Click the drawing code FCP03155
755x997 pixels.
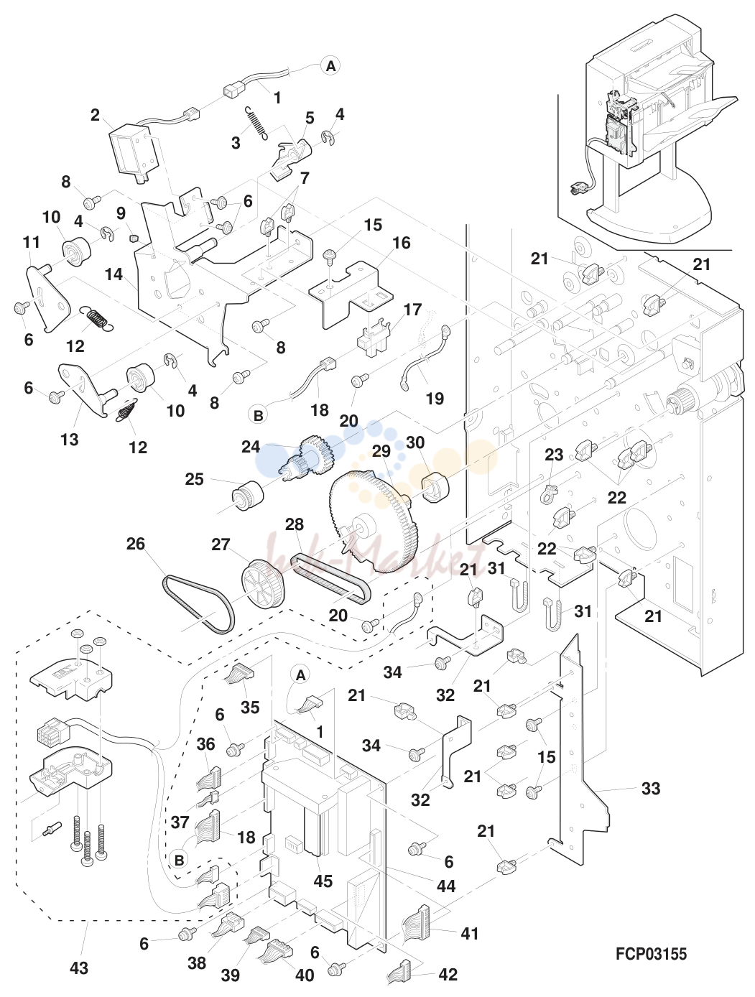pyautogui.click(x=651, y=954)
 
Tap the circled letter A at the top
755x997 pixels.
pyautogui.click(x=330, y=66)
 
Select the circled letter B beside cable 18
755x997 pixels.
pyautogui.click(x=258, y=415)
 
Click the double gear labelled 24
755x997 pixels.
pyautogui.click(x=307, y=460)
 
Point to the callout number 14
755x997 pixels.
pyautogui.click(x=114, y=274)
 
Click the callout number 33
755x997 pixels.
pyautogui.click(x=651, y=789)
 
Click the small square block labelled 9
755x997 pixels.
pyautogui.click(x=133, y=238)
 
